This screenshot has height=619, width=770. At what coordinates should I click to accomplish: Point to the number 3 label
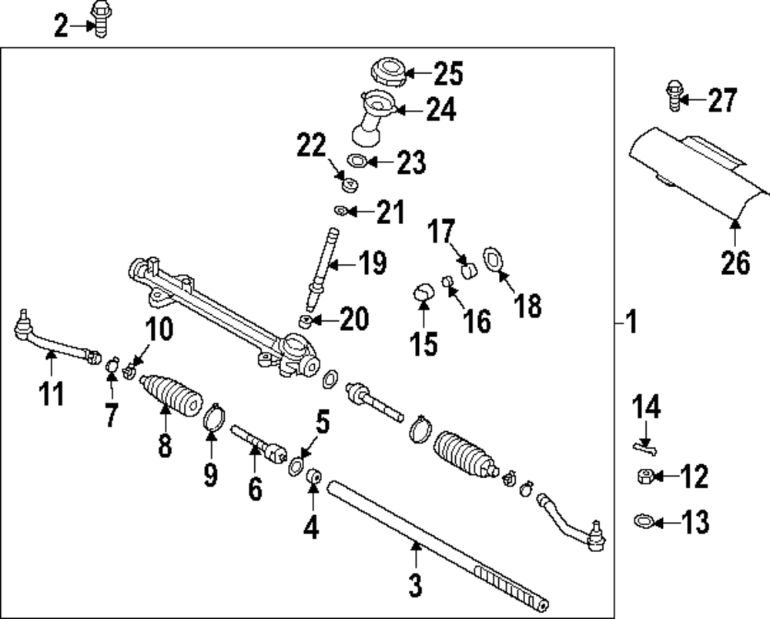[x=415, y=586]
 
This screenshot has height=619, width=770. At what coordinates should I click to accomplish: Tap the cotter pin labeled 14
[x=642, y=445]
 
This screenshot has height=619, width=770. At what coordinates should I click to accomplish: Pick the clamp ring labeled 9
[x=213, y=419]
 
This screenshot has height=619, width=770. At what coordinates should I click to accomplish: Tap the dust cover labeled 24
[x=373, y=117]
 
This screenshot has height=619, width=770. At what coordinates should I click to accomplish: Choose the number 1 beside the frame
[x=631, y=322]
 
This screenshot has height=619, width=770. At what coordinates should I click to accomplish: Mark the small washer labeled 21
[x=341, y=210]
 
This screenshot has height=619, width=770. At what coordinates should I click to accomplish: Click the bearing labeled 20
[x=306, y=320]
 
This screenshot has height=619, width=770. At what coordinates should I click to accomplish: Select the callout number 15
[x=423, y=343]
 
